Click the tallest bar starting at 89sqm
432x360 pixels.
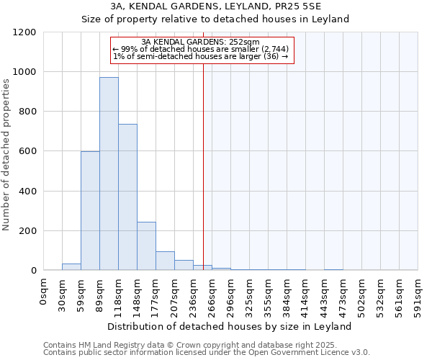tap(109, 174)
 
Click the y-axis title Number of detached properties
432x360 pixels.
tap(7, 155)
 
